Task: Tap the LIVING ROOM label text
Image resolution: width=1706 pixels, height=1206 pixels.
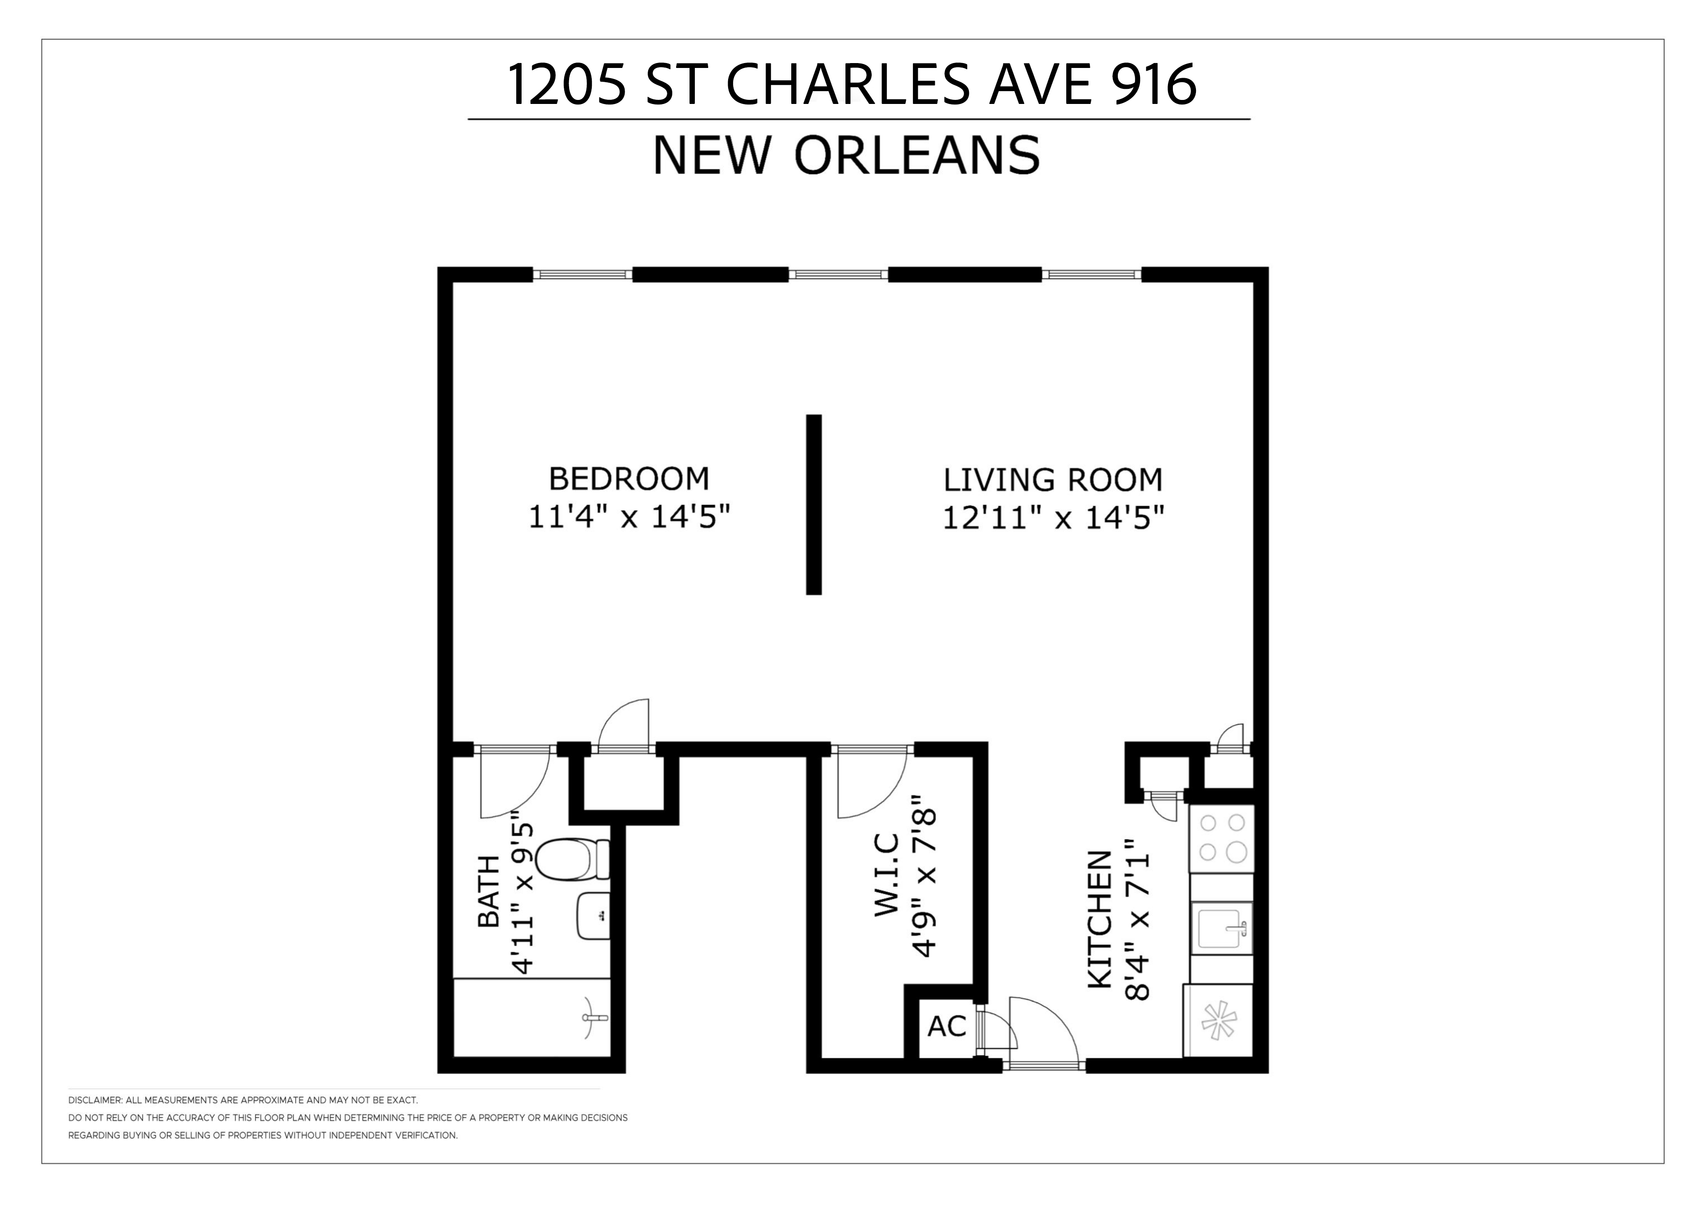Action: click(x=1053, y=480)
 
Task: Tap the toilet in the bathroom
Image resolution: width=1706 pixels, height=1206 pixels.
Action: click(x=573, y=859)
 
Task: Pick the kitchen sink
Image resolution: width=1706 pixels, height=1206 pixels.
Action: click(x=1222, y=928)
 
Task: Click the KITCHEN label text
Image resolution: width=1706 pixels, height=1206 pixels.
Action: click(x=1099, y=919)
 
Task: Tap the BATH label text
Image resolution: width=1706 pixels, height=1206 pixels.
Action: click(x=489, y=891)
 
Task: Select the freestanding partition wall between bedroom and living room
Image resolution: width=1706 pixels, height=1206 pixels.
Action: click(x=813, y=505)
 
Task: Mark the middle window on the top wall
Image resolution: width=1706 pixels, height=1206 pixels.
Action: click(x=838, y=274)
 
